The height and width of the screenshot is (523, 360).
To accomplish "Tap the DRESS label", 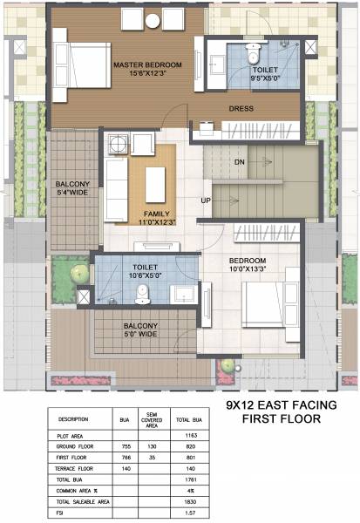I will (241, 109).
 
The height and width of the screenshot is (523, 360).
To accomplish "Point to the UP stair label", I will (207, 200).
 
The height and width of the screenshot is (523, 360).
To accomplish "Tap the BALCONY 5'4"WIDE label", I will (70, 189).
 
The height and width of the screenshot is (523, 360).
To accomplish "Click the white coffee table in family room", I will (156, 184).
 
